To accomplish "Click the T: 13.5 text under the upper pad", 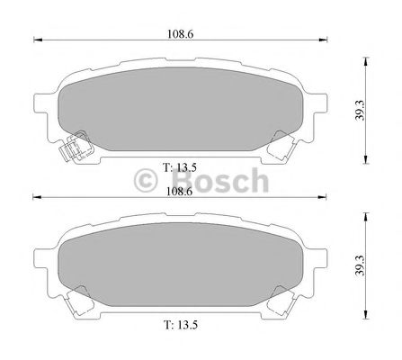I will click(x=179, y=166).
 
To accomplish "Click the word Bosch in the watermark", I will click(x=215, y=179).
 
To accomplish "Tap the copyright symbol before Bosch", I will click(x=145, y=180).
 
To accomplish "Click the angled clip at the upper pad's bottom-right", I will click(x=284, y=142).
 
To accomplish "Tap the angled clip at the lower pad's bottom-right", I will click(x=284, y=296).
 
